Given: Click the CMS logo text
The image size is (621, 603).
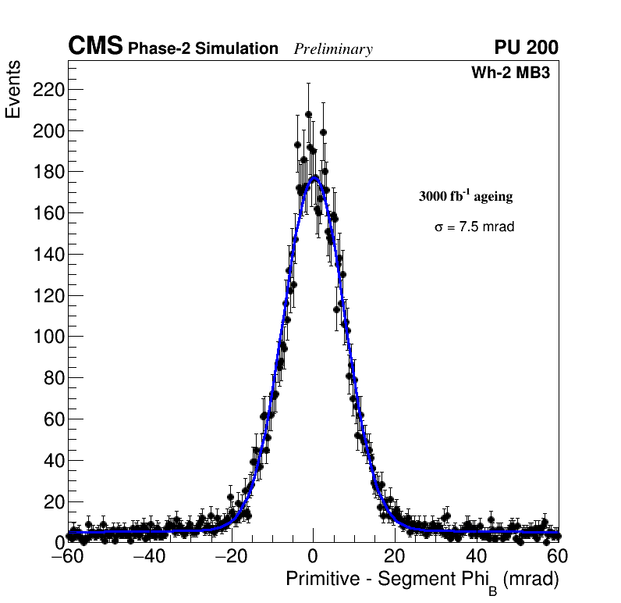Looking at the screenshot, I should (x=95, y=47).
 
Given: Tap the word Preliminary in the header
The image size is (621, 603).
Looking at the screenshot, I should (x=333, y=49).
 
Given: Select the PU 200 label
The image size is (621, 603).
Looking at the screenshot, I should (x=527, y=48).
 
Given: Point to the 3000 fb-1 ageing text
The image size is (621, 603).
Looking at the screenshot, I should (x=466, y=196).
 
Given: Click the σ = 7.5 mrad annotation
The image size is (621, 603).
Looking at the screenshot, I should (x=474, y=227).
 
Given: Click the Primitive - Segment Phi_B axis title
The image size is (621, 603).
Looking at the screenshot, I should (x=422, y=580).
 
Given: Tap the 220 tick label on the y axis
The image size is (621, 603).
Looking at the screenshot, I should (x=48, y=90).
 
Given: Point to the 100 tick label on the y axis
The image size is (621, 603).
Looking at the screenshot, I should (x=48, y=337).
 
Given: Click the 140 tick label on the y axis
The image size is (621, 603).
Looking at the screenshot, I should (x=48, y=255).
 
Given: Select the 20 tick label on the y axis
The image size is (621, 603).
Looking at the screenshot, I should (x=51, y=501).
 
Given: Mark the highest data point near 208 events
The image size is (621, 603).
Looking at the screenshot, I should (x=308, y=114).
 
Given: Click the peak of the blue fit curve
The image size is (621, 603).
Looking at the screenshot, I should (x=314, y=177).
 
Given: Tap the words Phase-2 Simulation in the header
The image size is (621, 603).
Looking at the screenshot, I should (x=203, y=49).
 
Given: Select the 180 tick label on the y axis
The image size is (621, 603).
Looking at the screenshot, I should (x=48, y=172).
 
